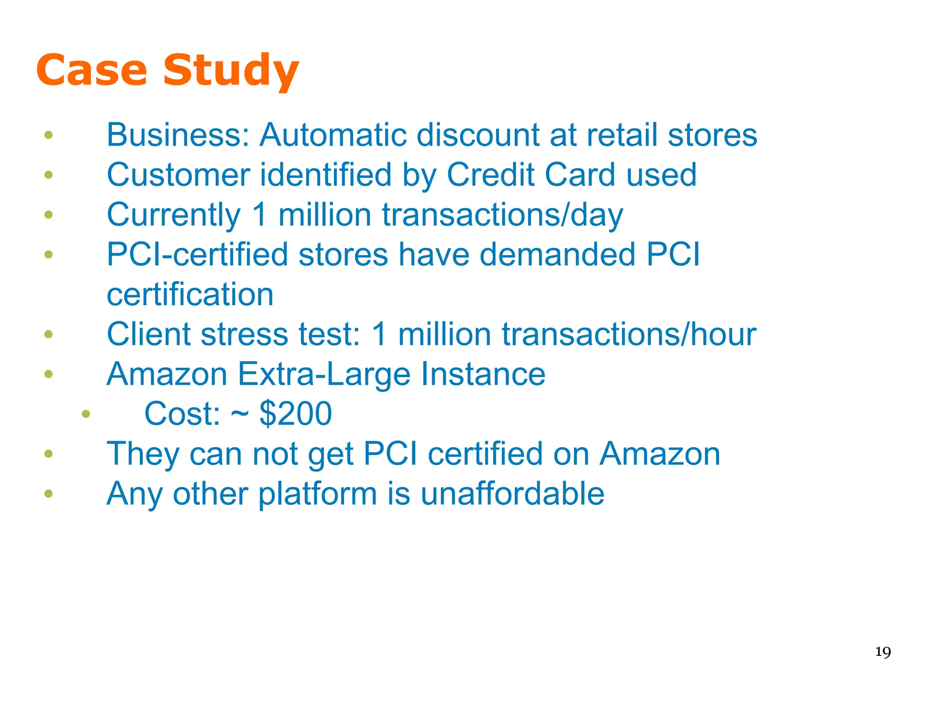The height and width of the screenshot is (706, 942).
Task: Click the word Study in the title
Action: pos(231,70)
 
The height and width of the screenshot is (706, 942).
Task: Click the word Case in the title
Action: pos(92,70)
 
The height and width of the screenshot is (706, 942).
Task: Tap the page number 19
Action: pos(883,652)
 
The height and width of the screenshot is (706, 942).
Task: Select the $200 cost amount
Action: pos(296,414)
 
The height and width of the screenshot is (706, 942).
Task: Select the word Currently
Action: pos(174,215)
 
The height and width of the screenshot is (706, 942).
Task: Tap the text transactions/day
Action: pos(503,215)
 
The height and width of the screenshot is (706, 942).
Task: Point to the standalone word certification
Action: pos(190,295)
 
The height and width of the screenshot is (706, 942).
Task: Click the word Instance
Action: pos(483,374)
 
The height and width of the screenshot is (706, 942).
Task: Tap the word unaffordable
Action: pos(512,494)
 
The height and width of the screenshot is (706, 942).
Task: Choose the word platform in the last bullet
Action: pos(317,494)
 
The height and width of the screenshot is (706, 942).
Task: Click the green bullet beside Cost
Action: pos(86,414)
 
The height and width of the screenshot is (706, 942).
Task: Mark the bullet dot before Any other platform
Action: pos(48,494)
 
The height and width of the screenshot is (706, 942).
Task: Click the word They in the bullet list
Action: pos(143,454)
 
